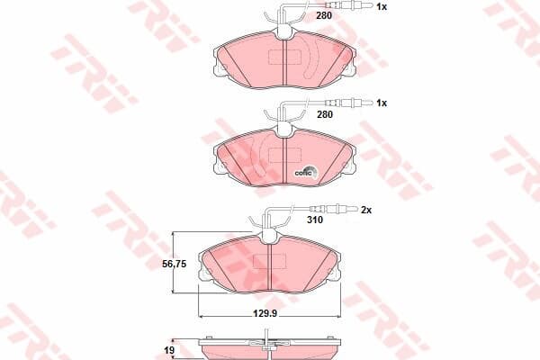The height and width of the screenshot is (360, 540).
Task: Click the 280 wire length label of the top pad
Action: [324, 15]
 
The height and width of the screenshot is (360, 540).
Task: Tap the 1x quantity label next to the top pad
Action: [382, 6]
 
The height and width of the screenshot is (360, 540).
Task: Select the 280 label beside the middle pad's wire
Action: [325, 114]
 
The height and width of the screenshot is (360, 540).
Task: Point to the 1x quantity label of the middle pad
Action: [382, 103]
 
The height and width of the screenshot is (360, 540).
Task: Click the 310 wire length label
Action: [315, 220]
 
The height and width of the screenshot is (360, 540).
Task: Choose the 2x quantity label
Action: [366, 210]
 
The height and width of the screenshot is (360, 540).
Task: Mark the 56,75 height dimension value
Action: [175, 264]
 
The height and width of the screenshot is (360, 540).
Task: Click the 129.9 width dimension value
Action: [265, 313]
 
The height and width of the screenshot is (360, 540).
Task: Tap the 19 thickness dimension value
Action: [169, 351]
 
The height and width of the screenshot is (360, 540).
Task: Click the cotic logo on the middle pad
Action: [305, 171]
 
